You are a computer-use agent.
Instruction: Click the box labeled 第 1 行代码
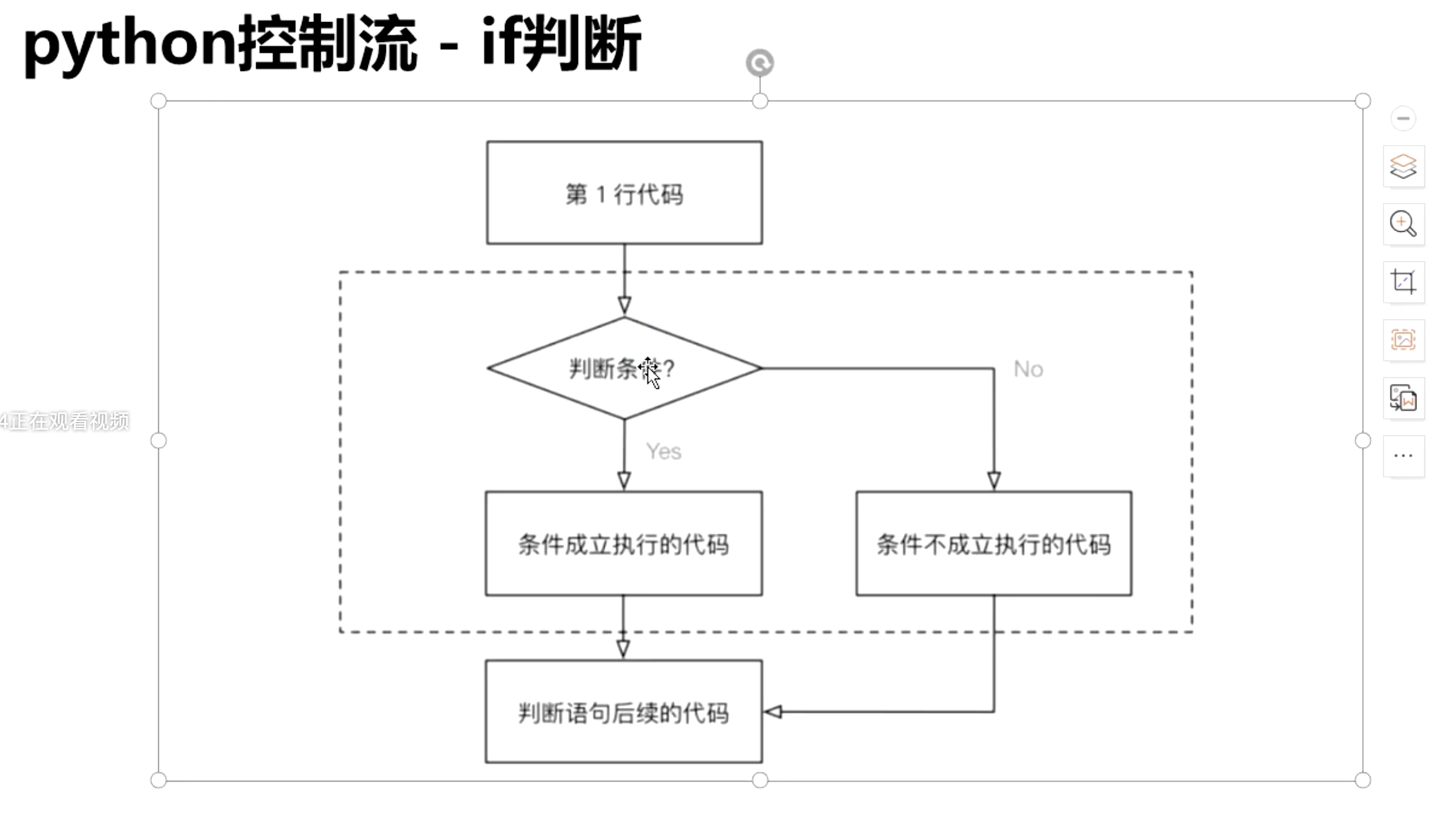coord(624,193)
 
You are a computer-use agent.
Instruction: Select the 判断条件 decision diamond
coord(624,368)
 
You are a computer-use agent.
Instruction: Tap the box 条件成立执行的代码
coord(623,543)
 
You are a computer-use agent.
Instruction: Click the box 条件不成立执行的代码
coord(993,543)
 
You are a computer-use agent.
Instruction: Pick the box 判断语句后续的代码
coord(623,712)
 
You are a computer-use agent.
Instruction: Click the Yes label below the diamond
coord(664,451)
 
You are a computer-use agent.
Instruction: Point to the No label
coord(1028,369)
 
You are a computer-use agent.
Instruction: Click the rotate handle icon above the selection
coord(760,63)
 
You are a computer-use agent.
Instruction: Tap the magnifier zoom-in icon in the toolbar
coord(1403,224)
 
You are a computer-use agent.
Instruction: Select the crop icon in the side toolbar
coord(1403,281)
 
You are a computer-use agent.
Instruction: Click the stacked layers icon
coord(1403,166)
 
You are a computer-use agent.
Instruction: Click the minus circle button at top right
coord(1403,118)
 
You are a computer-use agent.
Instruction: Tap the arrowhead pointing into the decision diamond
coord(624,306)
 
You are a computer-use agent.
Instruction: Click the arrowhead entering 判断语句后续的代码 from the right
coord(773,712)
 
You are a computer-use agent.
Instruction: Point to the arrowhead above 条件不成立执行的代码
coord(994,480)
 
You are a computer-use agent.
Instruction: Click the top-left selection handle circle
coord(158,100)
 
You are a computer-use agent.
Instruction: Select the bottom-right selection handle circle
coord(1362,780)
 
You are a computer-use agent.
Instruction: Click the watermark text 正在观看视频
coord(69,421)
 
